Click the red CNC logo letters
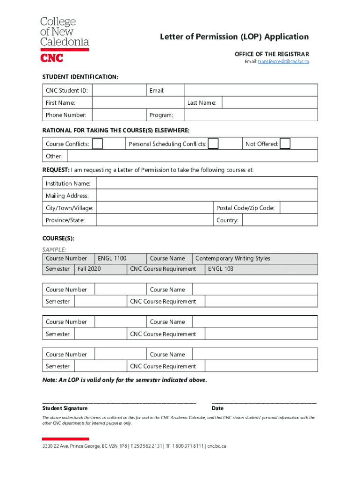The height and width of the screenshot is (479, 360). click(52, 58)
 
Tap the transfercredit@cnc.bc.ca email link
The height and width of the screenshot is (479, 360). click(283, 62)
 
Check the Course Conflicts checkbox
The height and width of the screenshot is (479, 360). click(97, 144)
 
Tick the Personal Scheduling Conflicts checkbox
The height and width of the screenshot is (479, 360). click(213, 144)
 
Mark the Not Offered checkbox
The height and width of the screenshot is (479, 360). click(285, 144)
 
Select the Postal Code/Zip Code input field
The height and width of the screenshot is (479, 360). click(299, 208)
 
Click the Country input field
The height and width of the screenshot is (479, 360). click(280, 220)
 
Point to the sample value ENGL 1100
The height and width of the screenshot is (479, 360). click(112, 258)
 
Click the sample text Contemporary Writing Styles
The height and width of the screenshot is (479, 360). click(232, 258)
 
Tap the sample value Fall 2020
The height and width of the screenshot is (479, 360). click(89, 269)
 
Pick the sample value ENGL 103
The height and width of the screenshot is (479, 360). click(220, 269)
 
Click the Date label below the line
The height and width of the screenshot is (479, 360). click(217, 408)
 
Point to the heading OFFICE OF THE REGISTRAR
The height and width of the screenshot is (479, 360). click(272, 54)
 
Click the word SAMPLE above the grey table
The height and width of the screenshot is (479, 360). click(54, 249)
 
